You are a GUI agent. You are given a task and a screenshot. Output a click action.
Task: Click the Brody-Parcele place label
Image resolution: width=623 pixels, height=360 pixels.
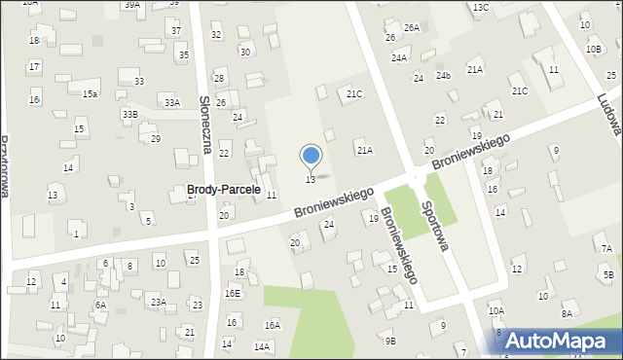coord(223,190)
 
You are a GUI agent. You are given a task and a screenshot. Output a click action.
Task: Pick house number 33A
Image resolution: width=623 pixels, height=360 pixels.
coord(171,102)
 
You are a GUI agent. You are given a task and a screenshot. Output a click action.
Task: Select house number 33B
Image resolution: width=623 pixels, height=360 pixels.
coord(129,114)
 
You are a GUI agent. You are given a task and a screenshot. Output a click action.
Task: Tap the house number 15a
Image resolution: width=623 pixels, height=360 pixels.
coord(90,93)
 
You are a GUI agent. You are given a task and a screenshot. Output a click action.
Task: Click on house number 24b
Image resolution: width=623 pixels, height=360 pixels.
coord(443,76)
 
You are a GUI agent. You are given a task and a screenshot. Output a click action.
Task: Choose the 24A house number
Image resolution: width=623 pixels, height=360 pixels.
coord(399,58)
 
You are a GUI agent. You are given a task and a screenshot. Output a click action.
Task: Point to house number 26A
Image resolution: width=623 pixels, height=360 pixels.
coord(412,28)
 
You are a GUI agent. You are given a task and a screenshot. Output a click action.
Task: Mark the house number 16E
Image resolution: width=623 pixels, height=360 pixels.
coord(232,293)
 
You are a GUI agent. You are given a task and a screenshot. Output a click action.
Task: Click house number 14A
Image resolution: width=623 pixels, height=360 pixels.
coord(261,346)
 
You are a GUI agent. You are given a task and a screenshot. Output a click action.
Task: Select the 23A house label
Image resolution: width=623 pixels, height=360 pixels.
coord(158,303)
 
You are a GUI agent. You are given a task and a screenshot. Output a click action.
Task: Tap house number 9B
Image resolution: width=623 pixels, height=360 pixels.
coord(390,341)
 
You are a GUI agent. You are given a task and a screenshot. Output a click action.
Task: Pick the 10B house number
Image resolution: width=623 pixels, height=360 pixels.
coord(594,49)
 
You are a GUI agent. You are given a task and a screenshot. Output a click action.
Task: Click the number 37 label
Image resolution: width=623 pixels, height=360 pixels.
coord(176,30)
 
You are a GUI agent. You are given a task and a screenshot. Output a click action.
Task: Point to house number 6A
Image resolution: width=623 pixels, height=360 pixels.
coord(100,305)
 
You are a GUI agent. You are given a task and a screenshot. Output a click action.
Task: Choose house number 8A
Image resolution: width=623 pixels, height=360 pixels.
coord(567,313)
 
